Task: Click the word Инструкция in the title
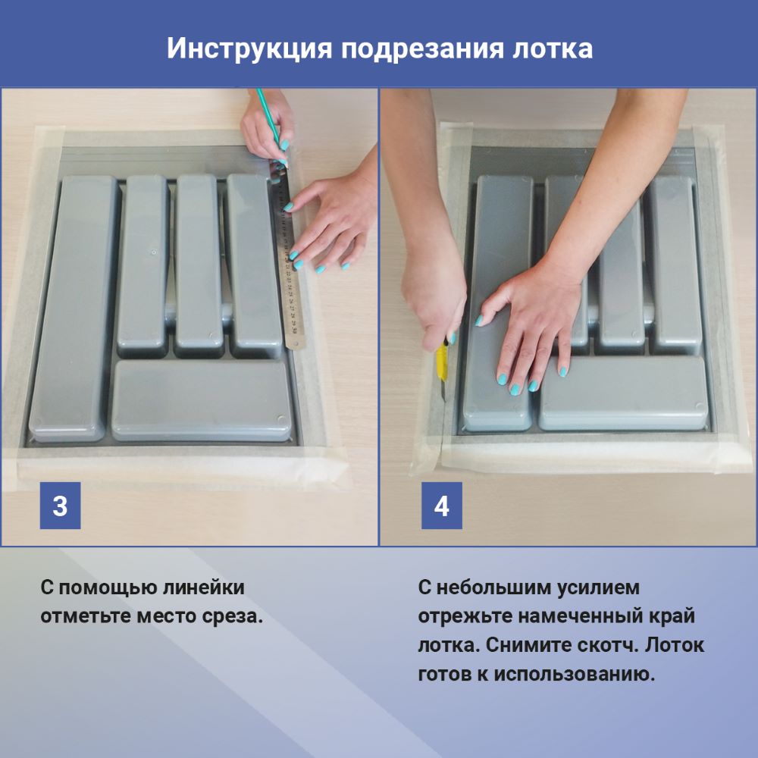(249, 49)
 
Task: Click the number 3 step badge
(60, 505)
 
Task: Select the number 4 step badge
(441, 505)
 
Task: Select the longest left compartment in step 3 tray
(73, 308)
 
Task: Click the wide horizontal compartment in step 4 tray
(624, 393)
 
